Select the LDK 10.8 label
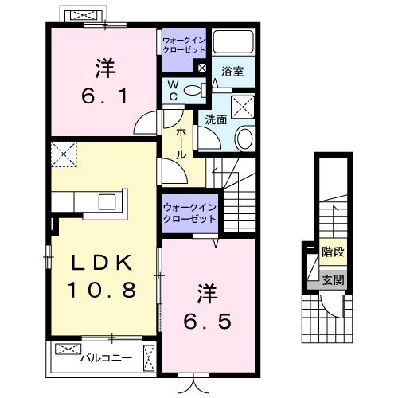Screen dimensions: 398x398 point(101,275)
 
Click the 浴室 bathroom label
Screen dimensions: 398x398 point(232,72)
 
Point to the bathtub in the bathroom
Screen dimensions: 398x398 point(234,45)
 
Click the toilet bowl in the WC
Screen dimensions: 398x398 point(192,91)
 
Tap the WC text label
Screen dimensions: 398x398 point(172,91)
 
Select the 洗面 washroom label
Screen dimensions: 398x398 point(217,119)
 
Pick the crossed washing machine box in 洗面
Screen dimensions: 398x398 point(242,106)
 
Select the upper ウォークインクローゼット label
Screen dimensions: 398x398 point(185,45)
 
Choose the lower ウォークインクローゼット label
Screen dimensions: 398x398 point(189,213)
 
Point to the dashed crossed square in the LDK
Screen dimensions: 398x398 point(63,153)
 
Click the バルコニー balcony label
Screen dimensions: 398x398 point(106,359)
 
